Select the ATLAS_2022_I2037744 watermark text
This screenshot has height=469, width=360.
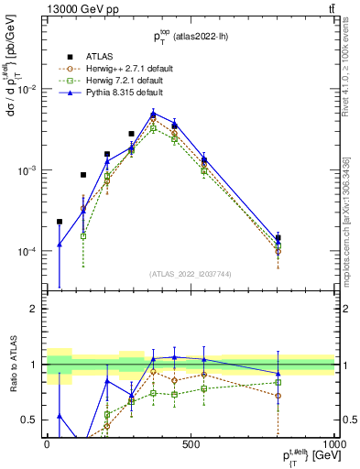pos(191,273)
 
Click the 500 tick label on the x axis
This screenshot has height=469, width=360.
pos(191,443)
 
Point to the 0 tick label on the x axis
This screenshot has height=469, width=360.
pos(47,443)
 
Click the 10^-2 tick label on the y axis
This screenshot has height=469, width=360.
pos(27,90)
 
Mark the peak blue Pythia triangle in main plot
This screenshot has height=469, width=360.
pos(154,114)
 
